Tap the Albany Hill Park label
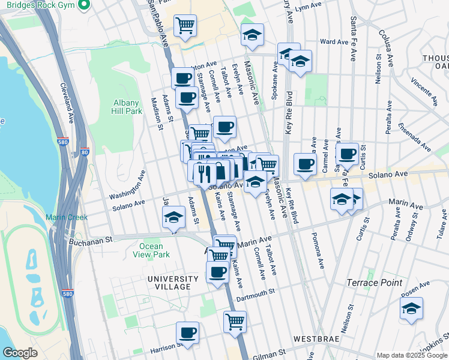point(127,107)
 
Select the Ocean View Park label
point(151,250)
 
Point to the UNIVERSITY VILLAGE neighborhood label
point(173,283)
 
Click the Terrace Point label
point(374,282)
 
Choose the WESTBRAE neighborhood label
point(318,339)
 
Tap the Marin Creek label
point(63,217)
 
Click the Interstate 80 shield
point(85,151)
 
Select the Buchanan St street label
point(91,241)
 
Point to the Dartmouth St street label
point(255,292)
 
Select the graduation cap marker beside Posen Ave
point(411,309)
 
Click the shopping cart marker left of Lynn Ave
point(185,25)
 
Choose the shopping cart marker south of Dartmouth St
point(235,321)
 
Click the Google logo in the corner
point(20,353)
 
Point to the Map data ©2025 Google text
point(412,355)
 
